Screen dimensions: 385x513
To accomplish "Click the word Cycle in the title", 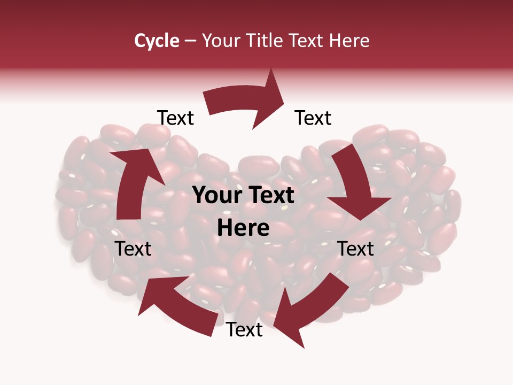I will click(157, 41).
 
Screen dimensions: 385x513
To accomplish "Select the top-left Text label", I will click(176, 118).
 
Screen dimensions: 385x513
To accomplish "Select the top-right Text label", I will click(313, 118).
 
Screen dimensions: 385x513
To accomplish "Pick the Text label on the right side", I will click(355, 249).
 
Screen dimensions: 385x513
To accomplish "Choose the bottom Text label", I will click(244, 330).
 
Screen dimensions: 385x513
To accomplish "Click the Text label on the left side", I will click(133, 249).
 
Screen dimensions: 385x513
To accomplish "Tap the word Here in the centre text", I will click(243, 228).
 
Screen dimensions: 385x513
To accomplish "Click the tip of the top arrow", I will click(284, 96).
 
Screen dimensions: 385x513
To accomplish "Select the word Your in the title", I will click(222, 41).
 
